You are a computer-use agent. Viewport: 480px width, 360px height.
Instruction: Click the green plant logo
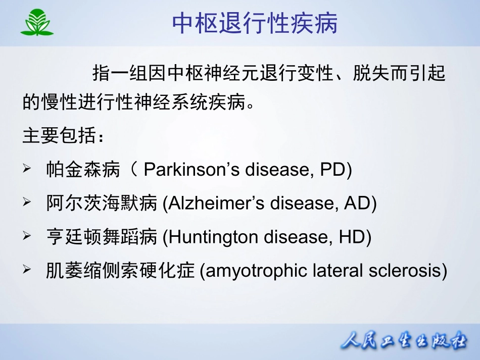[37, 22]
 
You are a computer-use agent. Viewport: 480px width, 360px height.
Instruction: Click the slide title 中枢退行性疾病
[255, 23]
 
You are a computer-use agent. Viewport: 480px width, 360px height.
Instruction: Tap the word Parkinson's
[191, 169]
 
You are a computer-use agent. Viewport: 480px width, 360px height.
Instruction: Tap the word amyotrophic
[252, 271]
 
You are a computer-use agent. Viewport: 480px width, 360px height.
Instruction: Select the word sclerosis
[405, 271]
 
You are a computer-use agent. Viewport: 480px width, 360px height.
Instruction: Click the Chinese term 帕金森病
[83, 169]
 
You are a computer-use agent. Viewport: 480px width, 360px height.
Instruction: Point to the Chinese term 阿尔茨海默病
[102, 203]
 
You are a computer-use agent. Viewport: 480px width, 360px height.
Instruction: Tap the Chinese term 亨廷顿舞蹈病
[102, 237]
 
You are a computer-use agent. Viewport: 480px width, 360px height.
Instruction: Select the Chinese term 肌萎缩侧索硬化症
[120, 271]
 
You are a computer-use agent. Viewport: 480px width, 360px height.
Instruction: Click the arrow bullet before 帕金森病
[27, 168]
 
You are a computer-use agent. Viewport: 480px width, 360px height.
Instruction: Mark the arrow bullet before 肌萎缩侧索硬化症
[27, 269]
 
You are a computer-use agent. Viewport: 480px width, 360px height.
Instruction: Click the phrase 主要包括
[59, 135]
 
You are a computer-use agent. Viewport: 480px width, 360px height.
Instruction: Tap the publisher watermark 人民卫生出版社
[404, 340]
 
